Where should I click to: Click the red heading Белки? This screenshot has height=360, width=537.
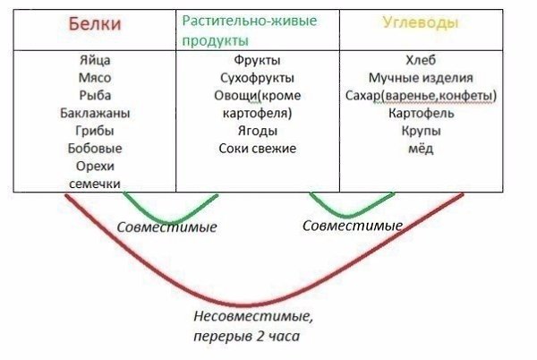point(95,24)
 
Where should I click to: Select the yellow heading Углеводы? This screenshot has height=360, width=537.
point(421,22)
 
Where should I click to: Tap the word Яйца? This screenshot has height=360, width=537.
point(95,60)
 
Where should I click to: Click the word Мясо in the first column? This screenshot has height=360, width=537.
point(95,78)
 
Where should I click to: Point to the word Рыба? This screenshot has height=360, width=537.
point(95,95)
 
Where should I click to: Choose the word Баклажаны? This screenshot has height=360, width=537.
point(95,113)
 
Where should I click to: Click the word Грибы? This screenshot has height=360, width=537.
point(95,131)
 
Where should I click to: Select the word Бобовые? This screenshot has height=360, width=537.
point(95,149)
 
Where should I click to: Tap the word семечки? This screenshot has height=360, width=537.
point(95,184)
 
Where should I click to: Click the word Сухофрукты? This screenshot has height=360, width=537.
point(257,78)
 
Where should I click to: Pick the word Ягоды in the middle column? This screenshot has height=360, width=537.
point(257,131)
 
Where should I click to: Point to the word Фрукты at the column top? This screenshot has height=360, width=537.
point(257,60)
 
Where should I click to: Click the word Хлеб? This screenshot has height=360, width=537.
point(421,60)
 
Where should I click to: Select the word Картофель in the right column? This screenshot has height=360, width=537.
point(421,113)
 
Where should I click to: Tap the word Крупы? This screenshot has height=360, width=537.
point(421,131)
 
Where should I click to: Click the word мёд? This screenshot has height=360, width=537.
point(421,149)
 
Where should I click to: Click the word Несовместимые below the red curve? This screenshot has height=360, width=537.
point(253,316)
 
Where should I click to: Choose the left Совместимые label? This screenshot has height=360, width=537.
point(166,227)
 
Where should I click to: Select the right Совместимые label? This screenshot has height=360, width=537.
point(353,226)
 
